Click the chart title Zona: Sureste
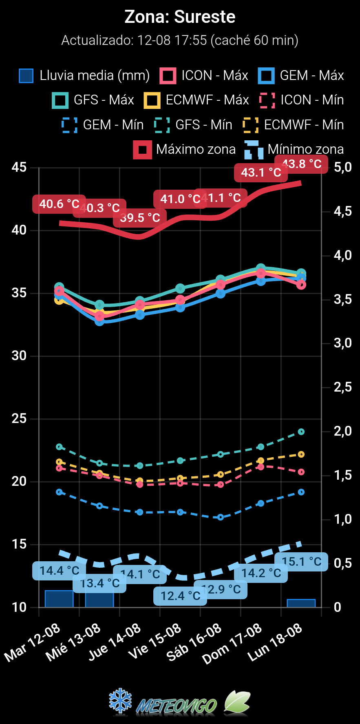(180, 17)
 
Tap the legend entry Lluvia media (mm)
(84, 75)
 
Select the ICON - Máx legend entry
(204, 75)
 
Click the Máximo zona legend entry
(185, 149)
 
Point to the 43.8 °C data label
(301, 164)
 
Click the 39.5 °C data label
(140, 218)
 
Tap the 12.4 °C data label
(180, 596)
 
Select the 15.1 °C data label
(301, 562)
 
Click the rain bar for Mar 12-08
(59, 599)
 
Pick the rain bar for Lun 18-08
(301, 603)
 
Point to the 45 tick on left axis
(19, 167)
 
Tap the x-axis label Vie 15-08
(155, 642)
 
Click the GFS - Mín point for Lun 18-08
(301, 432)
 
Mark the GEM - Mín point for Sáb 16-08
(221, 517)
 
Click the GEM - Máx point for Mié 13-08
(99, 321)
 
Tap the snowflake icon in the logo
(121, 702)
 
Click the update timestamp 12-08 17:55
(172, 40)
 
